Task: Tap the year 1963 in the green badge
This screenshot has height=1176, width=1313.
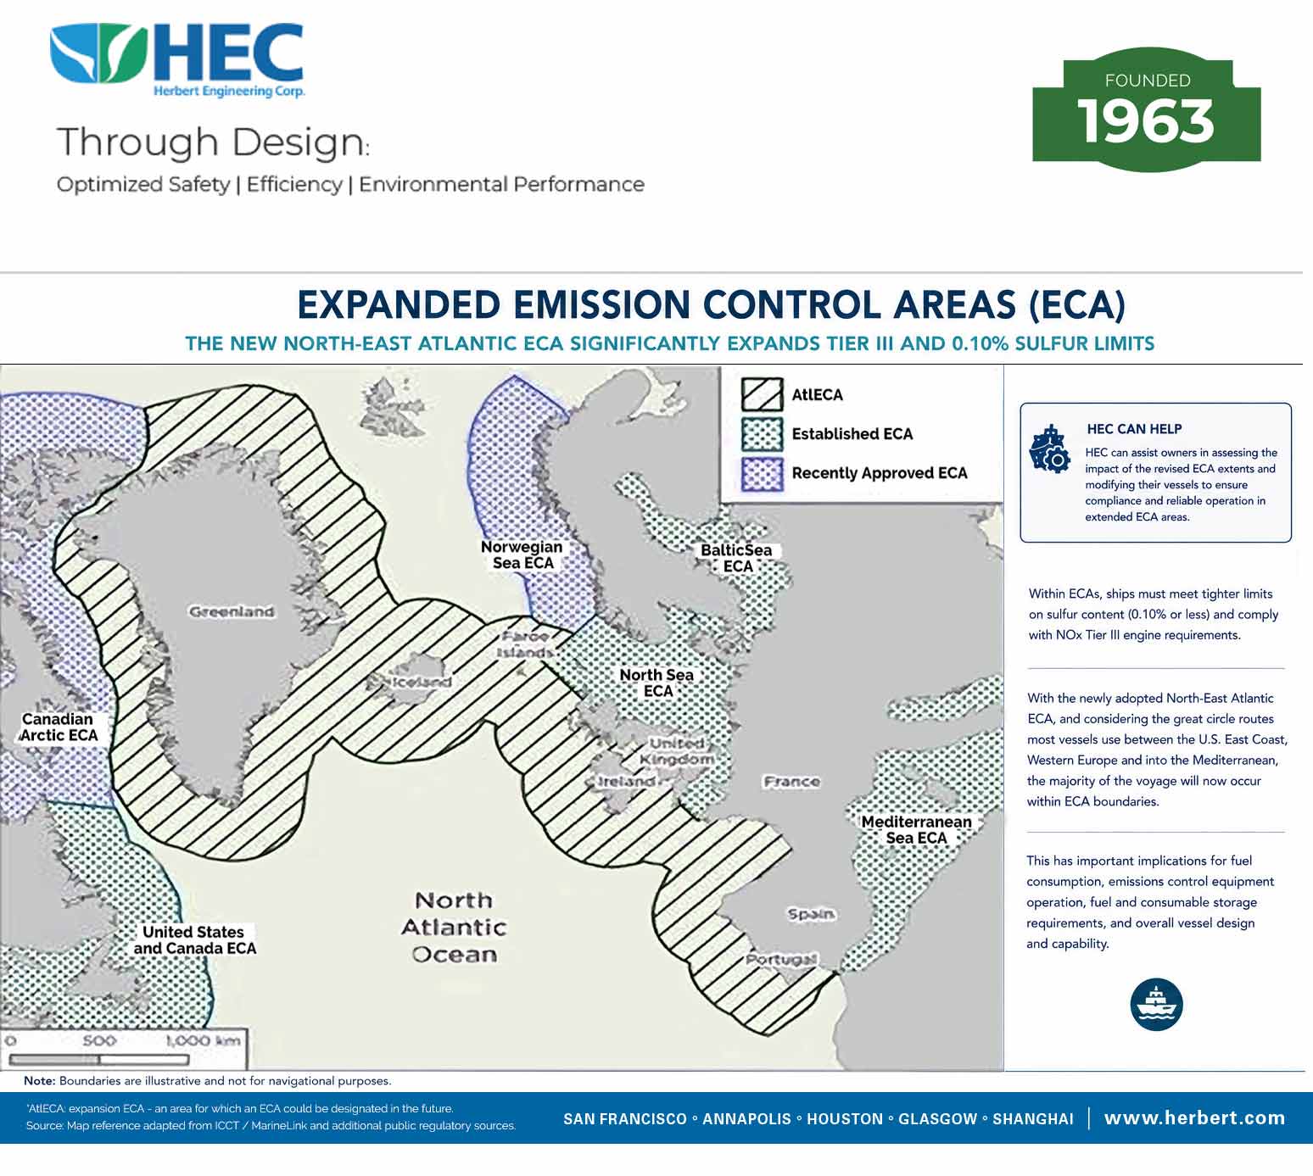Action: coord(1145,122)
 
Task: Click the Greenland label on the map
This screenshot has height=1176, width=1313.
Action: coord(232,611)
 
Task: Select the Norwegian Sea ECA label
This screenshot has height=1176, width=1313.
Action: coord(522,555)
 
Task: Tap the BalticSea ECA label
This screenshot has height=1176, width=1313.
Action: coord(737,558)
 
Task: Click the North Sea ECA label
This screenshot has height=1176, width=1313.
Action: coord(656,683)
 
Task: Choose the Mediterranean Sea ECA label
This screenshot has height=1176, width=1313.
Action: coord(916,829)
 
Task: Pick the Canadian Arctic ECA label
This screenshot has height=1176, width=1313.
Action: coord(59,727)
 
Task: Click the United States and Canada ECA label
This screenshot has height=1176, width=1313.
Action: coord(195,939)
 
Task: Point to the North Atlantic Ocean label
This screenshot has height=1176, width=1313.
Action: coord(455,928)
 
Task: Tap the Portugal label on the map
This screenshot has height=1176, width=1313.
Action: coord(781,958)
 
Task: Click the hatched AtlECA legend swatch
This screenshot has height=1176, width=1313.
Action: coord(763,394)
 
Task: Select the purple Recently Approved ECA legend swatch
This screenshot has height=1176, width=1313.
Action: coord(763,474)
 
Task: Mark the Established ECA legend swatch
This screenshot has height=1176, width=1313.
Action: coord(763,434)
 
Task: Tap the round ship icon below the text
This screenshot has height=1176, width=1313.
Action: coord(1156,1004)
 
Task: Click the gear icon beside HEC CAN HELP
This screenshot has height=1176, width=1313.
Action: coord(1050,449)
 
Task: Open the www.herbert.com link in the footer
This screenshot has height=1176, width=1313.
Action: coord(1194,1117)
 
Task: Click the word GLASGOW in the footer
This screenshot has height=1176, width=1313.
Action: coord(937,1119)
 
